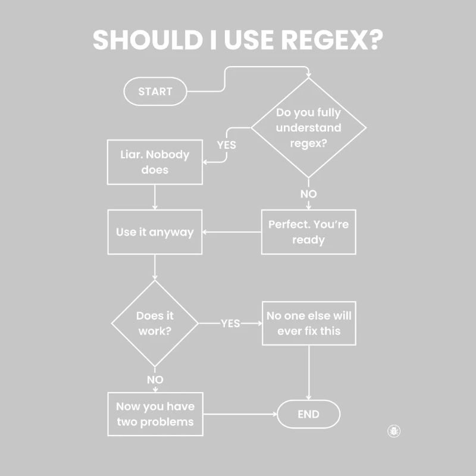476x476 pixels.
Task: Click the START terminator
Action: point(155,92)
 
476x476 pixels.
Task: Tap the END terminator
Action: point(308,415)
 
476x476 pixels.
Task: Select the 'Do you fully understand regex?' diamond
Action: point(308,127)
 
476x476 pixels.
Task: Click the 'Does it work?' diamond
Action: point(155,324)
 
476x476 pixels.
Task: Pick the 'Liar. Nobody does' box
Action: point(155,162)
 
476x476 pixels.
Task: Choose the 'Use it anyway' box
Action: point(155,232)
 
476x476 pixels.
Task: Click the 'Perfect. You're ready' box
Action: point(308,232)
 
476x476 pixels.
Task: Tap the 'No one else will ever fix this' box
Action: point(309,323)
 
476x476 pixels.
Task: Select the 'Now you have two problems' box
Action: point(155,414)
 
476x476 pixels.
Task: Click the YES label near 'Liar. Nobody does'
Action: point(226,145)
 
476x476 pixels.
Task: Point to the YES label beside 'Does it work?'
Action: point(230,324)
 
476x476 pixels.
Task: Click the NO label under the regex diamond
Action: point(308,194)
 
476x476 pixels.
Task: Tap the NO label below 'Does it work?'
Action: point(155,380)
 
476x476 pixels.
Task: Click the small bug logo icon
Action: point(394,431)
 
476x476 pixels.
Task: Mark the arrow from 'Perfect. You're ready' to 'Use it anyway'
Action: point(232,232)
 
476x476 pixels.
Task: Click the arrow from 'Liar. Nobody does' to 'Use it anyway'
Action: point(155,196)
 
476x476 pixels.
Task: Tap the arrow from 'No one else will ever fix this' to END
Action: point(308,372)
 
